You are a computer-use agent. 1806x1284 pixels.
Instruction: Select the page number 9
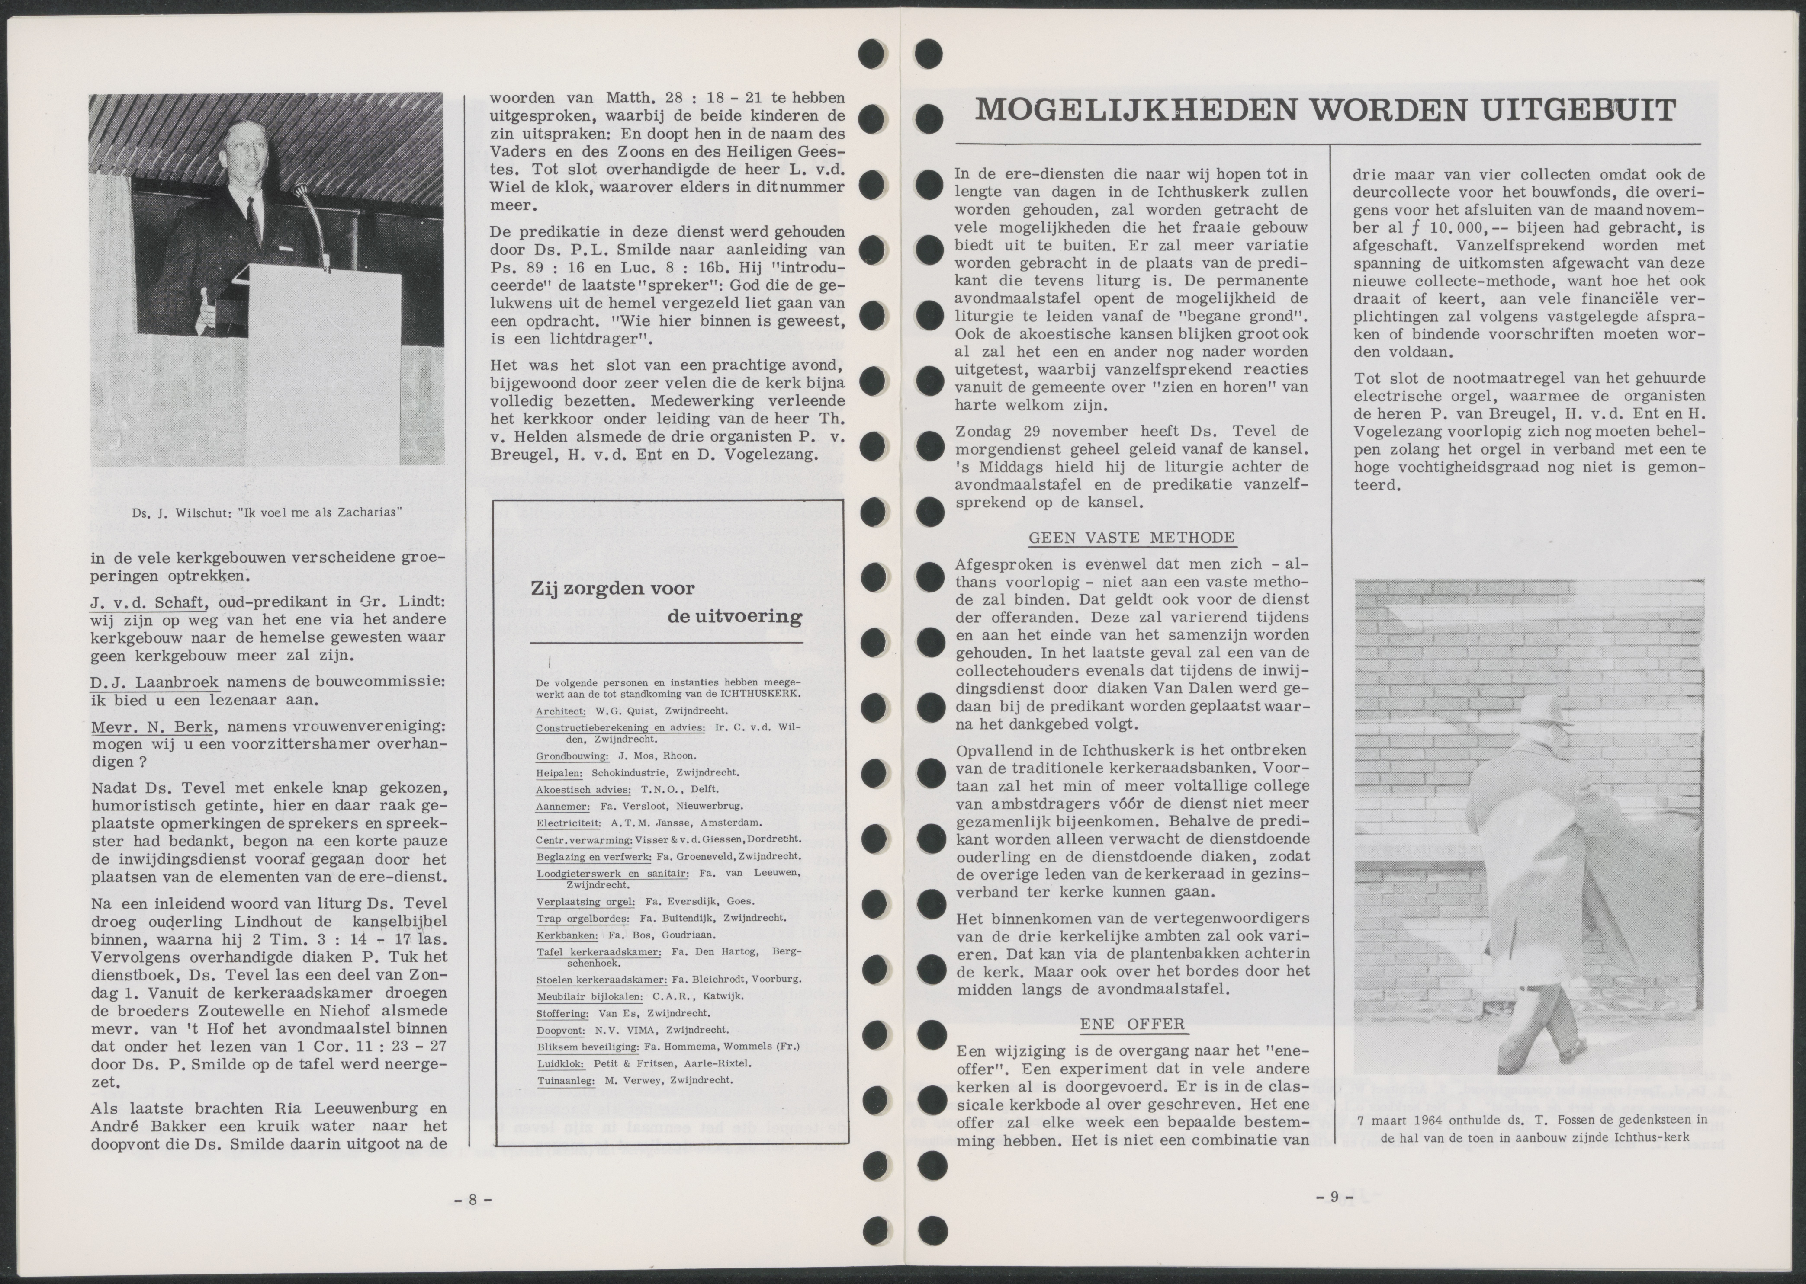(x=1334, y=1174)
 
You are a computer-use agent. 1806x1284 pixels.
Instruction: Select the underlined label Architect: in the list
(x=560, y=711)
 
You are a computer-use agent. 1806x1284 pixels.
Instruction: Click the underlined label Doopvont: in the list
(x=560, y=1030)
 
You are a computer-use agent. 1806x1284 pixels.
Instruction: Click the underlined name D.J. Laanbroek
(x=155, y=682)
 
